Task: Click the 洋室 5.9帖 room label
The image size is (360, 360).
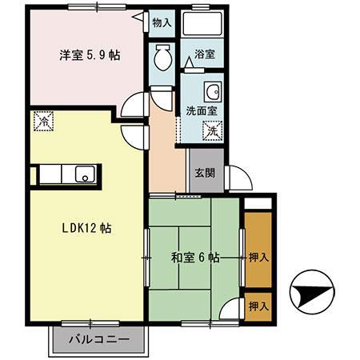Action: pos(88,57)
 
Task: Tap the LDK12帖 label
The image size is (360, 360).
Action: pos(87,228)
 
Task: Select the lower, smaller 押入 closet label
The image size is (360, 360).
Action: pos(258,306)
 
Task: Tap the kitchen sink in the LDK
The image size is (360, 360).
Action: pos(82,175)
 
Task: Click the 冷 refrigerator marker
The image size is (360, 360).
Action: pos(43,122)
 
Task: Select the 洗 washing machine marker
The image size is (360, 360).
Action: pos(212,129)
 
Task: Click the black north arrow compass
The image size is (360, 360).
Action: pos(308,294)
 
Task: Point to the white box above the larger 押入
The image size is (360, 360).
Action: pos(258,203)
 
